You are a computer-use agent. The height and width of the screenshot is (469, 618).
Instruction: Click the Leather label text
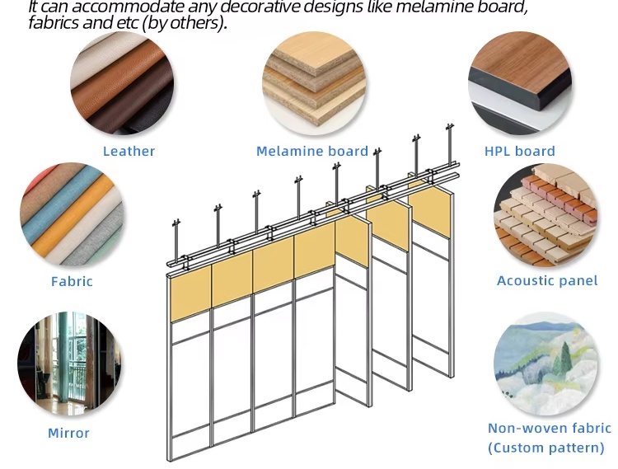(129, 152)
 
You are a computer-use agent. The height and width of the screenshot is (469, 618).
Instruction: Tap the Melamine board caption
(312, 152)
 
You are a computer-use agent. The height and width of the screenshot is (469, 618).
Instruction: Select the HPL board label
(519, 152)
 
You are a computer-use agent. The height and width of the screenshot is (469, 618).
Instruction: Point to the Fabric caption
(72, 281)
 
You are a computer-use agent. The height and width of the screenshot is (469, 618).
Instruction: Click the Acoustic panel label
(547, 280)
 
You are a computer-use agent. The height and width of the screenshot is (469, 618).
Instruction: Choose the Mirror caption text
(68, 433)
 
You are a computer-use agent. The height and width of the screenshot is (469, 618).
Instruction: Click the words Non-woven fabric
(550, 429)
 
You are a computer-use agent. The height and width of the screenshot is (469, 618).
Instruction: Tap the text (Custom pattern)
(545, 448)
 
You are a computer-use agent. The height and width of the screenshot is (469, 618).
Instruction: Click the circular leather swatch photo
(122, 83)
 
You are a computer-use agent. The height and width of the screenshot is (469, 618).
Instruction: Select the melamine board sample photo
(314, 83)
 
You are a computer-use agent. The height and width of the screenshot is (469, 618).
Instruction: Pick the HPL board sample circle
(520, 83)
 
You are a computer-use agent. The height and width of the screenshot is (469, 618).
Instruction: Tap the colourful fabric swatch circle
(72, 214)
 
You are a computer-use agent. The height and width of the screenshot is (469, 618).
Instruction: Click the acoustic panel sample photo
(545, 214)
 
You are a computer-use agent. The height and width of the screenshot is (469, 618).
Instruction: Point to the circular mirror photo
(69, 363)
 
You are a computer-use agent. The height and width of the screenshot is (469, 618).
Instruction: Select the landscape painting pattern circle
(545, 363)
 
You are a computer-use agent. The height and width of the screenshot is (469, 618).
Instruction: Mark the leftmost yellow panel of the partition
(190, 293)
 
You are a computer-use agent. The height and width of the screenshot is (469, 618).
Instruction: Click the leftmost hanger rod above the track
(176, 241)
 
